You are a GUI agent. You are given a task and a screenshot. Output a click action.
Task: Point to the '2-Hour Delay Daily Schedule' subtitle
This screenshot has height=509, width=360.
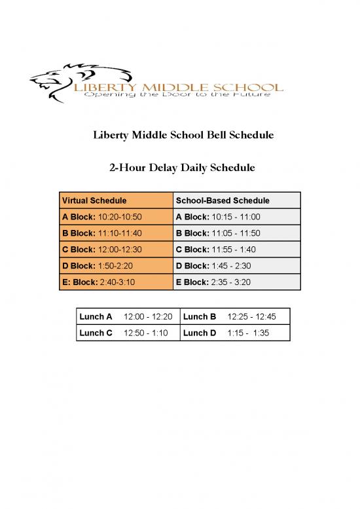[181, 168]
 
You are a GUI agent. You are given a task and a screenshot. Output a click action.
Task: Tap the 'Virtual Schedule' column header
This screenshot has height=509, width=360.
[94, 200]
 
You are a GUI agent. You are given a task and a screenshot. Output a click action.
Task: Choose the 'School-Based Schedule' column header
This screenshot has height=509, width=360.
[223, 200]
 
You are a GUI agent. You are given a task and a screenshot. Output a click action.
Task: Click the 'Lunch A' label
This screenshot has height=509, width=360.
[96, 317]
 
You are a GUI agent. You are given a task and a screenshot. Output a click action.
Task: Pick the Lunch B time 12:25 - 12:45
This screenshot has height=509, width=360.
[251, 317]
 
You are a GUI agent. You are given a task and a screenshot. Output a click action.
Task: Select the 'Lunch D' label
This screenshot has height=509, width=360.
[200, 333]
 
